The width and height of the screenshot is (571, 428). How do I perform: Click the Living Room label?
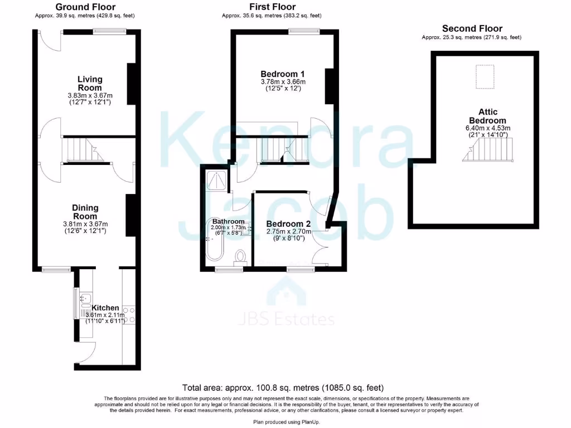tap(90, 84)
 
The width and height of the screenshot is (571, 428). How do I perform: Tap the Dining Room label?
tap(85, 212)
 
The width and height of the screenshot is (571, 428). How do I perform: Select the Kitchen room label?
tap(105, 308)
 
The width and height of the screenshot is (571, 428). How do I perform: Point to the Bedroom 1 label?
tap(283, 74)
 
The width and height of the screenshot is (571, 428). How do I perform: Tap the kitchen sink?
tap(85, 303)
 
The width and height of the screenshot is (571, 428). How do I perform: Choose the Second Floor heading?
tap(472, 28)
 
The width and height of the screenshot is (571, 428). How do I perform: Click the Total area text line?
tap(283, 387)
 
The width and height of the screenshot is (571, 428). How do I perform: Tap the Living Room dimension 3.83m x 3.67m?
tap(90, 95)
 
